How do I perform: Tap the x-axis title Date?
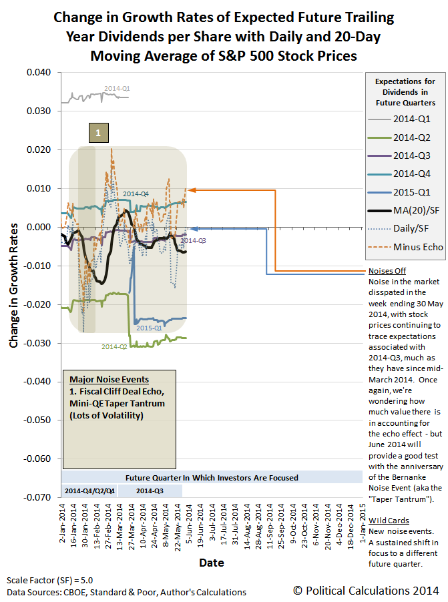click(x=212, y=563)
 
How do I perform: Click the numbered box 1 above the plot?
click(x=98, y=133)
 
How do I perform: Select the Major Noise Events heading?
click(x=104, y=380)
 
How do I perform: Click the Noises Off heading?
click(x=387, y=271)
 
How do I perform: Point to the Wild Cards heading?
click(x=387, y=520)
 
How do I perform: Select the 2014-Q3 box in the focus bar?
click(x=150, y=490)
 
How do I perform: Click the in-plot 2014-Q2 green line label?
click(x=114, y=347)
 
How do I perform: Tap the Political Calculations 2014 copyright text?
click(x=366, y=590)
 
